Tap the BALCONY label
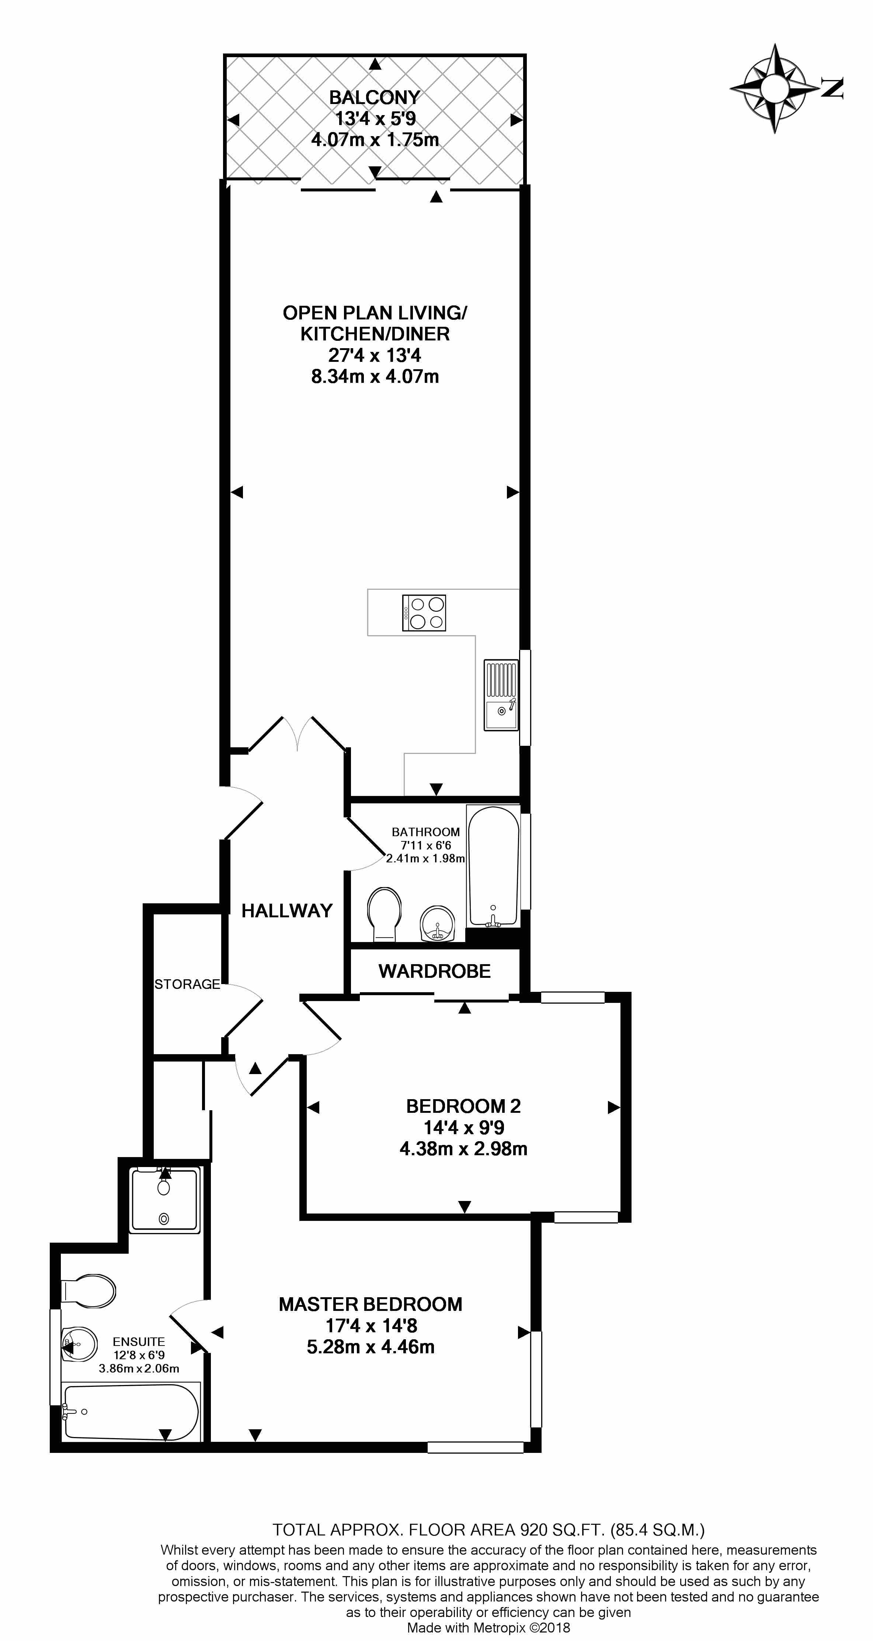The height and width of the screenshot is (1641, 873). click(x=375, y=97)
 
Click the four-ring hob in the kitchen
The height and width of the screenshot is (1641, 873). click(x=424, y=613)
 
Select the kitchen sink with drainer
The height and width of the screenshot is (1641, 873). click(x=501, y=695)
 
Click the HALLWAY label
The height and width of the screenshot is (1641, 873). click(x=287, y=910)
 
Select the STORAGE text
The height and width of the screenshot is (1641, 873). click(x=187, y=984)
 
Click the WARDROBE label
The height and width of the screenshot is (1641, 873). click(x=435, y=971)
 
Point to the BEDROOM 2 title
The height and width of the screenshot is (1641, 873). click(x=463, y=1106)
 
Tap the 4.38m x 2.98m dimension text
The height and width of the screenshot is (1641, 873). click(x=463, y=1149)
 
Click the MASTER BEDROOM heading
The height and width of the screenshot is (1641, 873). click(x=371, y=1304)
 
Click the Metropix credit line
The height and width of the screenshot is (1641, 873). click(x=488, y=1628)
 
